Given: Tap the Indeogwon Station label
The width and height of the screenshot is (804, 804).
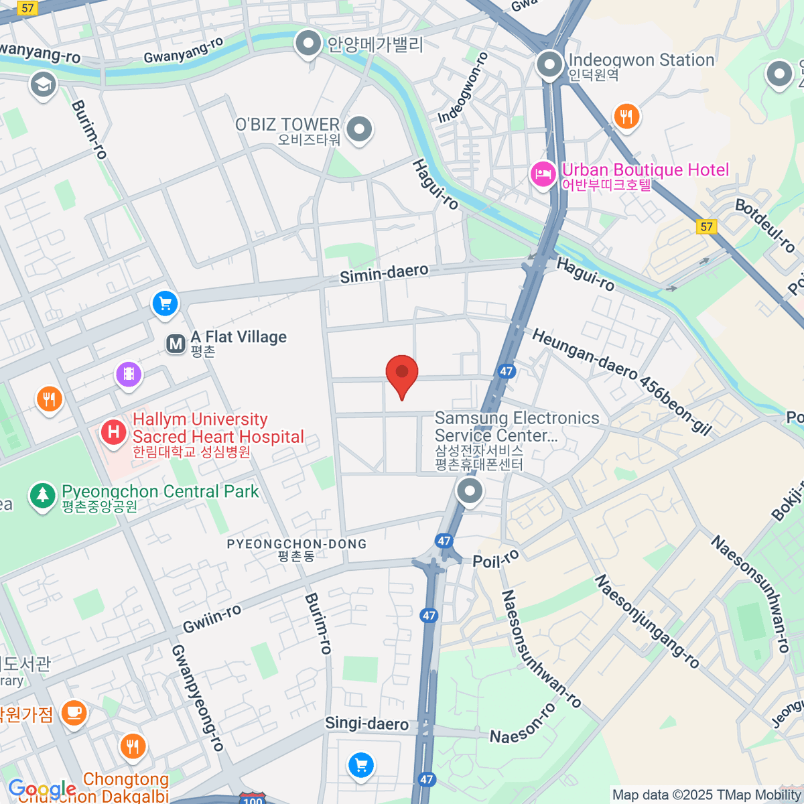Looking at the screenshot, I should pyautogui.click(x=641, y=60).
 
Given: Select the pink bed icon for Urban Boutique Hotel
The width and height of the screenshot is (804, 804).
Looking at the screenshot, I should pyautogui.click(x=543, y=176).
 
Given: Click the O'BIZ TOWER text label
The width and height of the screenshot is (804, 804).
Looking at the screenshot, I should pyautogui.click(x=287, y=125).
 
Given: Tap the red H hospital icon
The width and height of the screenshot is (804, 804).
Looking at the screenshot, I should pyautogui.click(x=114, y=432).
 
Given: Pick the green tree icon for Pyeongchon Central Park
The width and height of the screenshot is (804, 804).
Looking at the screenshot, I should pyautogui.click(x=43, y=496).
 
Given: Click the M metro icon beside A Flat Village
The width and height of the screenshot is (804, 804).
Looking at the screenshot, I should pyautogui.click(x=176, y=344).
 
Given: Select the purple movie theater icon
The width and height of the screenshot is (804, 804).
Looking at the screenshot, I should pyautogui.click(x=129, y=374).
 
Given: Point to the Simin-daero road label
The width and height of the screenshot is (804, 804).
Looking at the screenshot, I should pyautogui.click(x=384, y=273).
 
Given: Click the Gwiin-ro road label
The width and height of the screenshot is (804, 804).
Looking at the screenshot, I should pyautogui.click(x=212, y=618).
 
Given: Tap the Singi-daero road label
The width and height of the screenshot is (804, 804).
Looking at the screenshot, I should pyautogui.click(x=366, y=724).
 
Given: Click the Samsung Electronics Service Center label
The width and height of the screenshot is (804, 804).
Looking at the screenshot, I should pyautogui.click(x=517, y=427).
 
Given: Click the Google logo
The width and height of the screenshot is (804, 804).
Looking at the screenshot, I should pyautogui.click(x=42, y=789).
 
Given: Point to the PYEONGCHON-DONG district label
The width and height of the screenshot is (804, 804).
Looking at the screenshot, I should pyautogui.click(x=297, y=544).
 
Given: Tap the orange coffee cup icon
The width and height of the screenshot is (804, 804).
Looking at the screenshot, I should pyautogui.click(x=74, y=712).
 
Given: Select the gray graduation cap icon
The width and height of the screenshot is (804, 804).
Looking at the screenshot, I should pyautogui.click(x=44, y=85).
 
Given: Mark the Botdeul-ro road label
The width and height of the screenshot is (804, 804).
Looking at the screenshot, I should pyautogui.click(x=765, y=226).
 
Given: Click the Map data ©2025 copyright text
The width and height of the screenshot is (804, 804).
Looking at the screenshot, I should pyautogui.click(x=706, y=795).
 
